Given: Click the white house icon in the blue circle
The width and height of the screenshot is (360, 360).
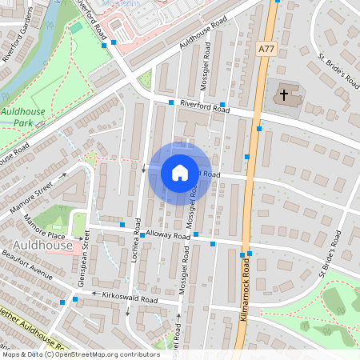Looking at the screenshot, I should click(x=179, y=172).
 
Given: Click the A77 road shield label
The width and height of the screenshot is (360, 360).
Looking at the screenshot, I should click(x=266, y=49).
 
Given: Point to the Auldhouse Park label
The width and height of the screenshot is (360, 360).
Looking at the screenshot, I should click(x=23, y=118).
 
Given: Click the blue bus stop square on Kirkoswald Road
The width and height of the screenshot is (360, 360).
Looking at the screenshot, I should click(x=74, y=299).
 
